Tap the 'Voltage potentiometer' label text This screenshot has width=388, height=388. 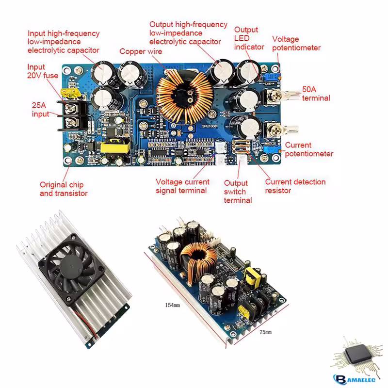pyautogui.click(x=296, y=43)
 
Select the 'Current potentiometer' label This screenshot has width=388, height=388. pyautogui.click(x=309, y=149)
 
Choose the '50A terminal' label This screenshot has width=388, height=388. pyautogui.click(x=316, y=94)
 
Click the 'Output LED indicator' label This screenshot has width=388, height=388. pyautogui.click(x=249, y=38)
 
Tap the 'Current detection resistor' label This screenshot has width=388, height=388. pyautogui.click(x=295, y=186)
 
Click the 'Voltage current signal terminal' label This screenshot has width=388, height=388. pyautogui.click(x=182, y=186)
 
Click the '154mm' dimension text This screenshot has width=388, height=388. pyautogui.click(x=172, y=305)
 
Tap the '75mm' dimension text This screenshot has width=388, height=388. pyautogui.click(x=265, y=332)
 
